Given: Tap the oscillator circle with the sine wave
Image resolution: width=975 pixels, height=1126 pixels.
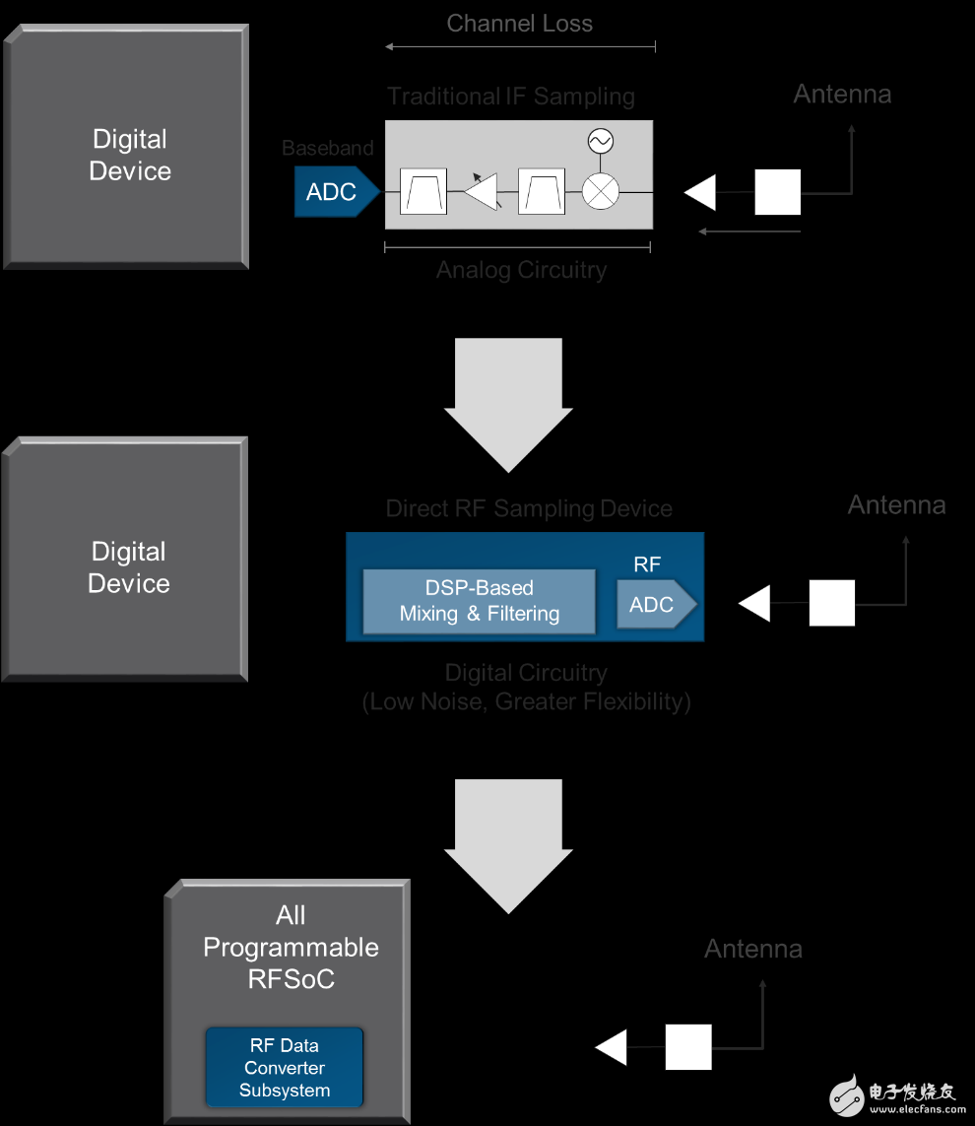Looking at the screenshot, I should tap(599, 142).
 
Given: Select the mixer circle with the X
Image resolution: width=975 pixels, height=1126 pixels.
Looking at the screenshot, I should tap(599, 191).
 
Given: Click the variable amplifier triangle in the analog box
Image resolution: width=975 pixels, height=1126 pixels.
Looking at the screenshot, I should tap(483, 191).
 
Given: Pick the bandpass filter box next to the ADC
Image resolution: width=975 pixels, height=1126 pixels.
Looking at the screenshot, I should tap(423, 191).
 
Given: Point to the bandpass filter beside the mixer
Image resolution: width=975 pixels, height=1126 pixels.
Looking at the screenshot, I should tap(541, 191).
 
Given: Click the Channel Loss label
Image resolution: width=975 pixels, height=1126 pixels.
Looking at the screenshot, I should tap(519, 24).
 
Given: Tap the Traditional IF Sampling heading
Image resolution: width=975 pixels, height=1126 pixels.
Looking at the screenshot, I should tap(510, 97).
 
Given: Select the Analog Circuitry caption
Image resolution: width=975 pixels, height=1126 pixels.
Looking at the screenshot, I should tap(521, 270).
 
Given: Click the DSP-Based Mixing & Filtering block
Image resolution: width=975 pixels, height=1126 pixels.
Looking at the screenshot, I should tap(480, 601).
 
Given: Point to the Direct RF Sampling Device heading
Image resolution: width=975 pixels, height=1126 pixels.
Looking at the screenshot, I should tap(529, 508).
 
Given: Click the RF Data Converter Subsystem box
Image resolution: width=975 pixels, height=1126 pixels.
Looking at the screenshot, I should tap(285, 1068).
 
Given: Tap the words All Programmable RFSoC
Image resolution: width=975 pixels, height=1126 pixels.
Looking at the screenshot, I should tap(291, 947).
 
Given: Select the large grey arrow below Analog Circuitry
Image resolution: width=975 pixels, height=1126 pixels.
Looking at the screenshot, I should tap(508, 404).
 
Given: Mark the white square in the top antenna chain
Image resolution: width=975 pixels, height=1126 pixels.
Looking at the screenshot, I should tap(777, 192).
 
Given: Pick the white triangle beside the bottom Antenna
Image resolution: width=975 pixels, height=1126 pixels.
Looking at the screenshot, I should tap(613, 1047).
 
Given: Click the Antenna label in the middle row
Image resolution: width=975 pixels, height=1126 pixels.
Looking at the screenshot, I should tap(896, 505).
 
